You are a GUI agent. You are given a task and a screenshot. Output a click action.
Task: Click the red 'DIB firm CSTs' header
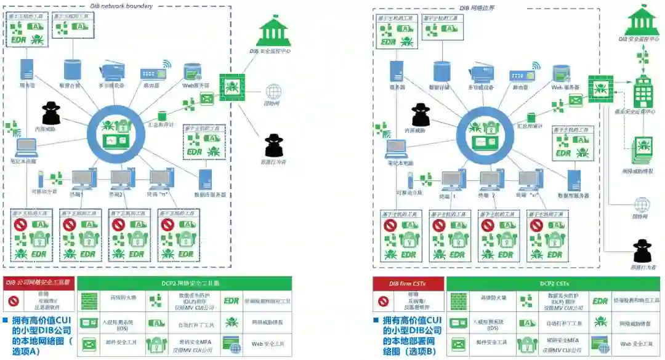pos(407,284)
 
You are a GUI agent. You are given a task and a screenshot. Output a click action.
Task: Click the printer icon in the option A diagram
pos(113,72)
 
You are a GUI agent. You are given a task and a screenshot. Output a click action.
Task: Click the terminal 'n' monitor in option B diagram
pos(530,180)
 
